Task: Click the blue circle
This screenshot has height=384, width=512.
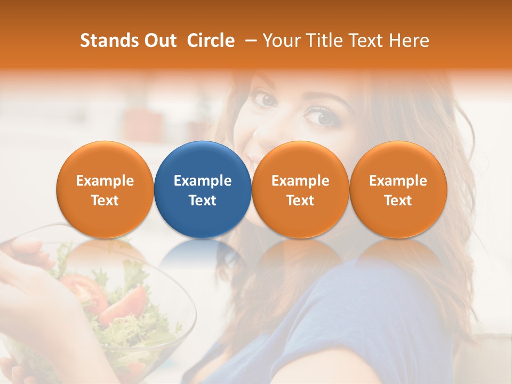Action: pyautogui.click(x=203, y=189)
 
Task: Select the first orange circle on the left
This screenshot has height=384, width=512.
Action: pyautogui.click(x=105, y=189)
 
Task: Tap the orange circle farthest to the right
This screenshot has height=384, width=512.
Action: pyautogui.click(x=398, y=189)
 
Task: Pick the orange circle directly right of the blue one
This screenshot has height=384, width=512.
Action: pyautogui.click(x=300, y=189)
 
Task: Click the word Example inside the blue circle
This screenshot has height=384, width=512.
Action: pyautogui.click(x=203, y=181)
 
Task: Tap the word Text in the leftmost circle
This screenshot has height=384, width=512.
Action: pyautogui.click(x=105, y=201)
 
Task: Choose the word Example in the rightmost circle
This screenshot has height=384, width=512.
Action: pyautogui.click(x=398, y=181)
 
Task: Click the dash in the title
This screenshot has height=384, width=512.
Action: pyautogui.click(x=249, y=41)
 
